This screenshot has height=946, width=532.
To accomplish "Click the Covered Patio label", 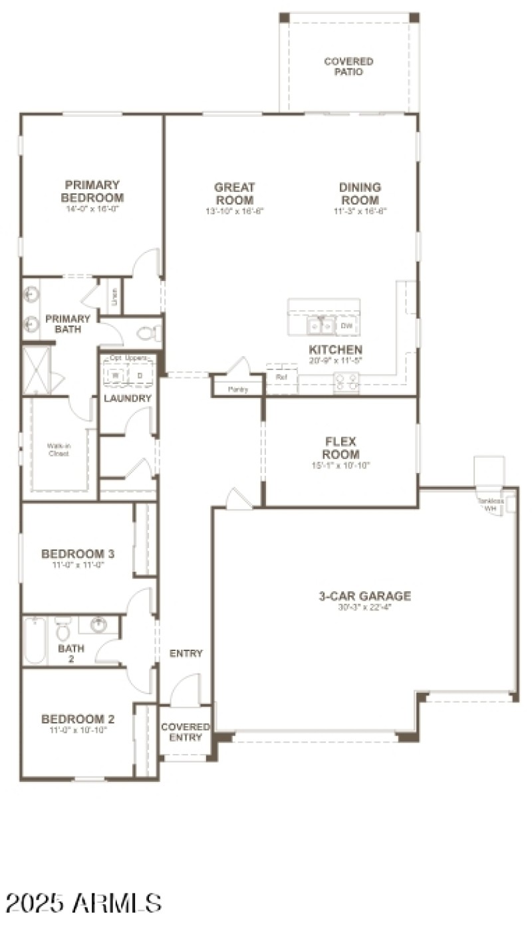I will pyautogui.click(x=348, y=66).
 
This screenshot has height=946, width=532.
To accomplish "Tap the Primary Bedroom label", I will pyautogui.click(x=92, y=191).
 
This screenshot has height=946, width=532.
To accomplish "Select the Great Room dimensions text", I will pyautogui.click(x=235, y=212).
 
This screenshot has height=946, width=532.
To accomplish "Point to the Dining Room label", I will pyautogui.click(x=360, y=194).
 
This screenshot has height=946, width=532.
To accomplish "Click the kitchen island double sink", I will pyautogui.click(x=321, y=326).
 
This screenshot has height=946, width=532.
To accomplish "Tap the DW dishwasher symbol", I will pyautogui.click(x=346, y=326).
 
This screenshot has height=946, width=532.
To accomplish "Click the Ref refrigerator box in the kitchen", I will pyautogui.click(x=281, y=377).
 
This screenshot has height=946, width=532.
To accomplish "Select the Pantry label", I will pyautogui.click(x=237, y=389).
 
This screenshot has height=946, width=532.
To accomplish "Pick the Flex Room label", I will pyautogui.click(x=341, y=448).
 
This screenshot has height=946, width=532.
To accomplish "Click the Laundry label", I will pyautogui.click(x=128, y=399).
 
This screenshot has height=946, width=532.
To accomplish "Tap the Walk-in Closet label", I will pyautogui.click(x=58, y=450).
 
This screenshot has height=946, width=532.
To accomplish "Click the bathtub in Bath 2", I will pyautogui.click(x=35, y=640).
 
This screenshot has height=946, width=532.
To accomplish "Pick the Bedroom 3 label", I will pyautogui.click(x=78, y=553).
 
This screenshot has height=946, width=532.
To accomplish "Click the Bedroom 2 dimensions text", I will pyautogui.click(x=78, y=729).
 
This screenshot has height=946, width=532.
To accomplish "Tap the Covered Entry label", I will pyautogui.click(x=186, y=732).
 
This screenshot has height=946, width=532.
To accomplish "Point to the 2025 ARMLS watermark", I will pyautogui.click(x=84, y=903).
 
